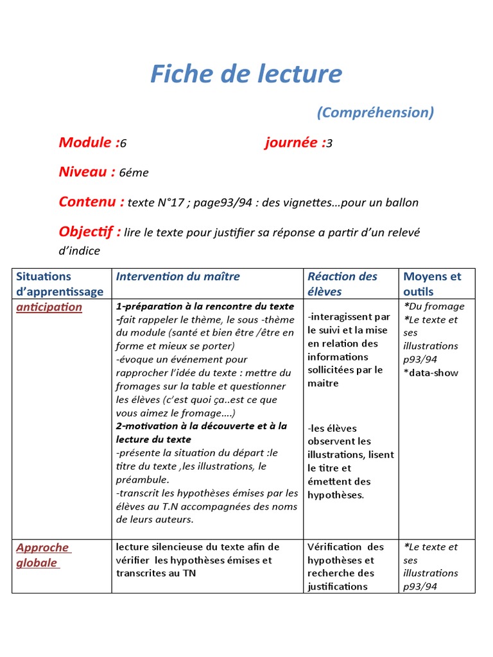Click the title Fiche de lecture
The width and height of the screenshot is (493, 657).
[x=246, y=74]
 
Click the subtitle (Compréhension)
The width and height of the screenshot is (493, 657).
[x=375, y=112]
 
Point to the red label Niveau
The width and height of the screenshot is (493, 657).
[x=87, y=172]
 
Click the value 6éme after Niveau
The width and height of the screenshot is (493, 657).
[x=134, y=173]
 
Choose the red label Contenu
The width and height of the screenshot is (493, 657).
[x=91, y=202]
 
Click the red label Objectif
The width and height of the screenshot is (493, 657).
[x=89, y=232]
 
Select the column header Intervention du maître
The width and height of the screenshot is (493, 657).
[x=178, y=277]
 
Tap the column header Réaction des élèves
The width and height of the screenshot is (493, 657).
[x=342, y=284]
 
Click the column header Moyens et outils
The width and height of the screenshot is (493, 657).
[x=432, y=284]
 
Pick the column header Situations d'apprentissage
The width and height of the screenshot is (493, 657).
[x=60, y=284]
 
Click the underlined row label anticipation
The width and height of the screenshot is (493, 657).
[x=49, y=307]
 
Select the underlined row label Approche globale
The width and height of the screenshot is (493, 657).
[x=42, y=555]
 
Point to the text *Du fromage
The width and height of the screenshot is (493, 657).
[x=434, y=306]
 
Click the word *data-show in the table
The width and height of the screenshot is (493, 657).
[x=431, y=373]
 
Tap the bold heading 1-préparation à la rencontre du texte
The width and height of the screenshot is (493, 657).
[x=205, y=306]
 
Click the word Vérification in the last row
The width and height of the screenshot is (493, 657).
[x=334, y=547]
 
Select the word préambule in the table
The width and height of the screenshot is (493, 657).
[x=143, y=479]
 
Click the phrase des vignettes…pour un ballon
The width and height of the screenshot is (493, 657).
[x=361, y=203]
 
